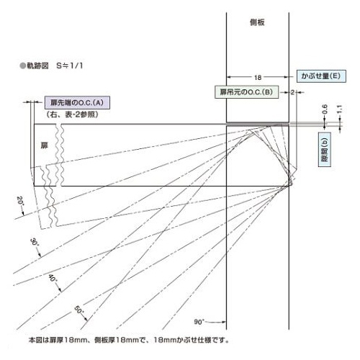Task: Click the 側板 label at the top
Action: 257,22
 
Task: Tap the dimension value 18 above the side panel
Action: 258,78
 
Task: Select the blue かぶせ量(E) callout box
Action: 321,76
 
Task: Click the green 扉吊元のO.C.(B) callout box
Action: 246,92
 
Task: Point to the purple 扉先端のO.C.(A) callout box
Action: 77,103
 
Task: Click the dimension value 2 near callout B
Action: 292,92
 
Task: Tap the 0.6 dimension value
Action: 325,109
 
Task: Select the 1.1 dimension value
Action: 339,109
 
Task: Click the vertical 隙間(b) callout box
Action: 325,149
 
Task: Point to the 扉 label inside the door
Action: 44,145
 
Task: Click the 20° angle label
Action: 20,201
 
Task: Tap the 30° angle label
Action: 34,242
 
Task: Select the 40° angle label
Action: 53,278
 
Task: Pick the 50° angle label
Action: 79,310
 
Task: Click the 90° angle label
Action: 199,322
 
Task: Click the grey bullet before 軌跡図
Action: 22,66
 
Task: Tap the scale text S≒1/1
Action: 70,66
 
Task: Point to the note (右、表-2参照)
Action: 72,114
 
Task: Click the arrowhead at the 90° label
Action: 224,322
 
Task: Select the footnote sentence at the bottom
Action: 129,340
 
